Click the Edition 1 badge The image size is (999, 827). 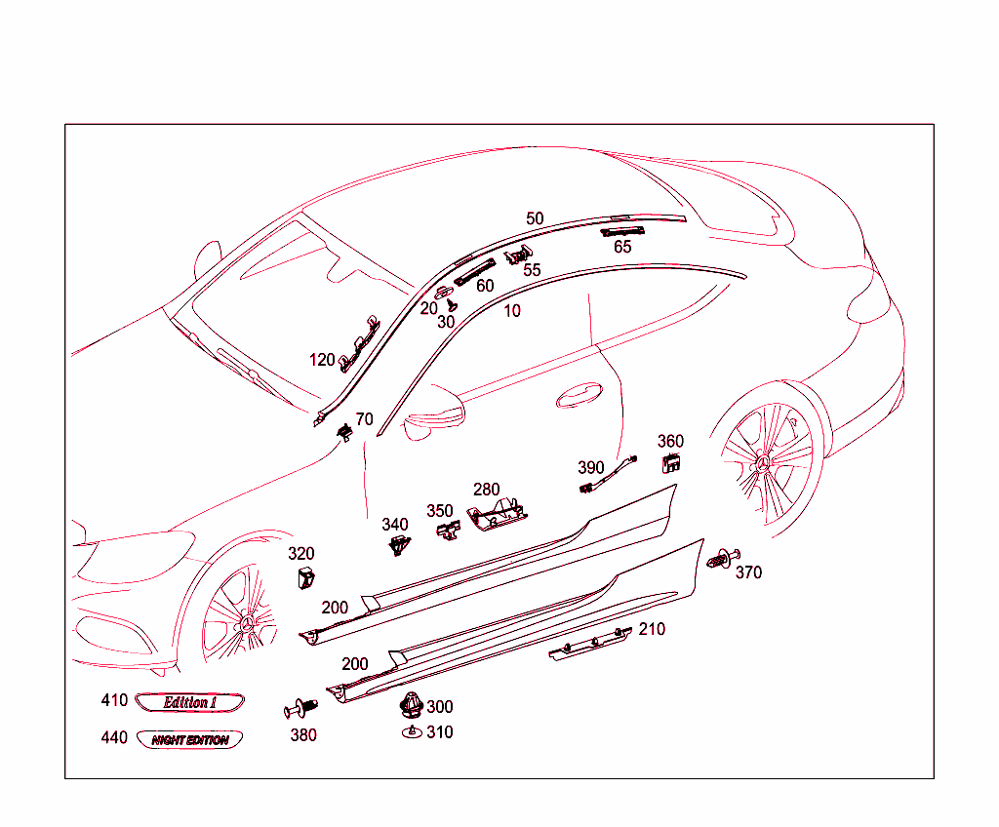pyautogui.click(x=189, y=702)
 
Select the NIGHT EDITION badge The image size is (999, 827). pyautogui.click(x=189, y=740)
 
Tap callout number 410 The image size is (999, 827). pyautogui.click(x=114, y=700)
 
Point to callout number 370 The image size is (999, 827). pyautogui.click(x=748, y=572)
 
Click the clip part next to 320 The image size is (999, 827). pyautogui.click(x=302, y=576)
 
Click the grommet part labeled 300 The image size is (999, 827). pyautogui.click(x=412, y=704)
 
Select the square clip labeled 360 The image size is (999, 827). pyautogui.click(x=670, y=464)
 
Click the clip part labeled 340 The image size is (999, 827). pyautogui.click(x=396, y=545)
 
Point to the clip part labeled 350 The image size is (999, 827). pyautogui.click(x=446, y=530)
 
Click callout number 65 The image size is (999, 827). pyautogui.click(x=622, y=247)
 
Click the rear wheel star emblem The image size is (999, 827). pyautogui.click(x=767, y=463)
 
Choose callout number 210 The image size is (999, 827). pyautogui.click(x=652, y=629)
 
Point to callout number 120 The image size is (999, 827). pyautogui.click(x=322, y=360)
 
